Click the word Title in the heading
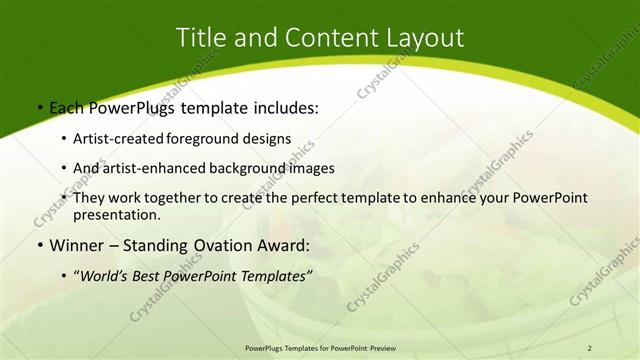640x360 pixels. (199, 38)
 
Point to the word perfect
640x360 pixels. (318, 198)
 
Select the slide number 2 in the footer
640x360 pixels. (590, 347)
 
